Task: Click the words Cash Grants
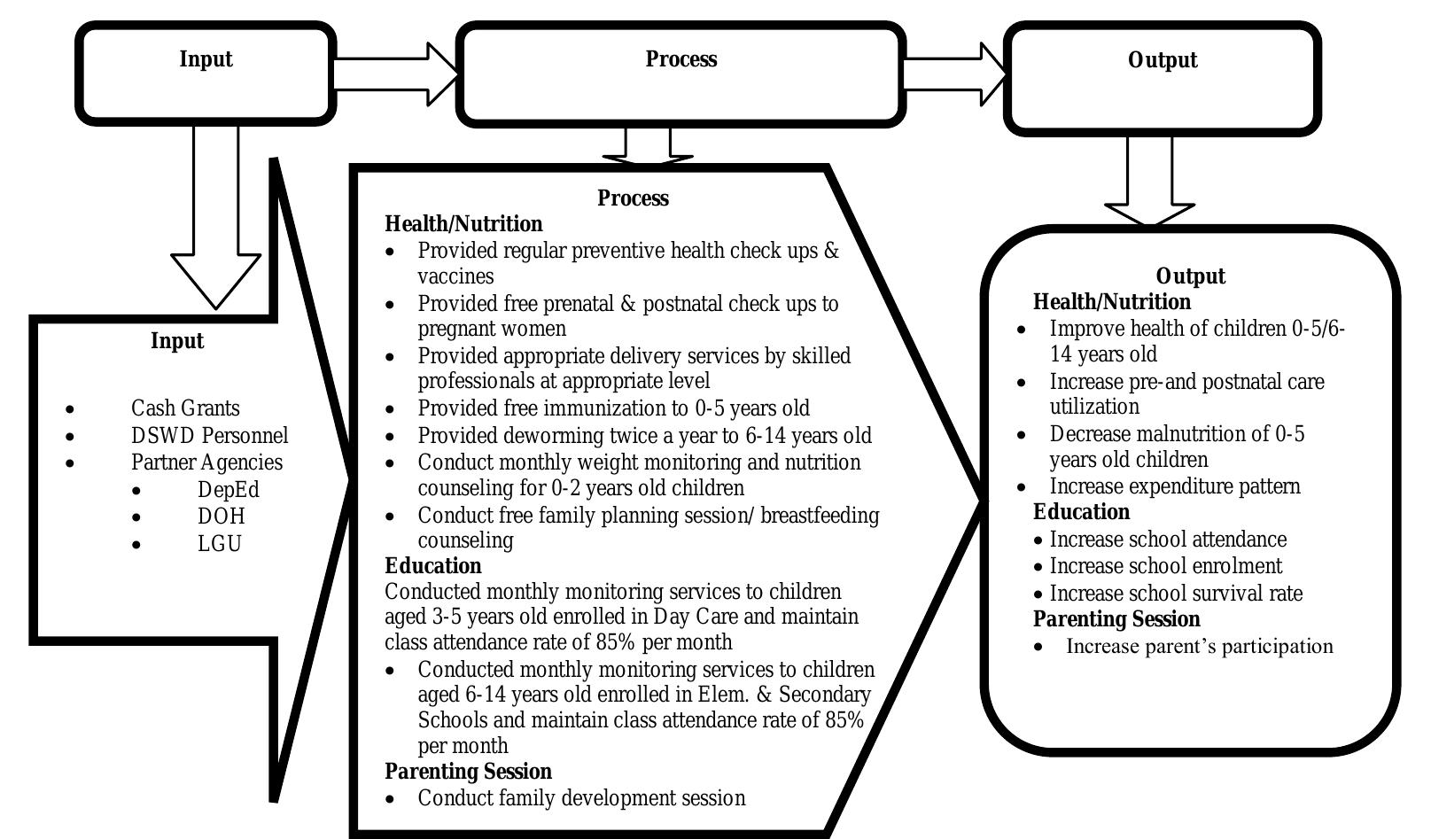point(185,408)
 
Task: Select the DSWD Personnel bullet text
point(209,436)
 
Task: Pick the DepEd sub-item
point(229,490)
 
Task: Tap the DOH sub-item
point(222,517)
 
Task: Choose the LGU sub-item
point(220,544)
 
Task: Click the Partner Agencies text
point(206,462)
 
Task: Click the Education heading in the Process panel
point(433,566)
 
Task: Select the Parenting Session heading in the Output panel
point(1116,619)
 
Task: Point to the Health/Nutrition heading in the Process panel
point(463,224)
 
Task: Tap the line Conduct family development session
point(581,798)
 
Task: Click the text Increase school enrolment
point(1165,566)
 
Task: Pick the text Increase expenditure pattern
point(1175,486)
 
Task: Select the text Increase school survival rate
point(1176,594)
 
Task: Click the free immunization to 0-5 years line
point(613,408)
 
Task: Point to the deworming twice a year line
point(644,436)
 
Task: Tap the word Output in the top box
point(1163,60)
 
